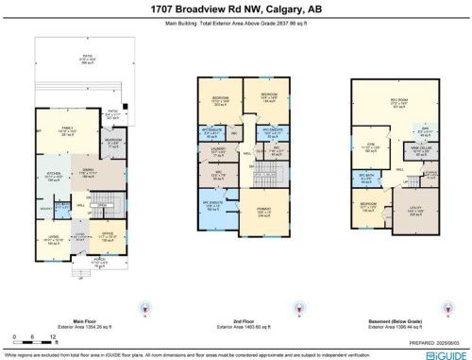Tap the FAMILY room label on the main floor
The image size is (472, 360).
click(68, 128)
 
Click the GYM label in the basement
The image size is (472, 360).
click(371, 146)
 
